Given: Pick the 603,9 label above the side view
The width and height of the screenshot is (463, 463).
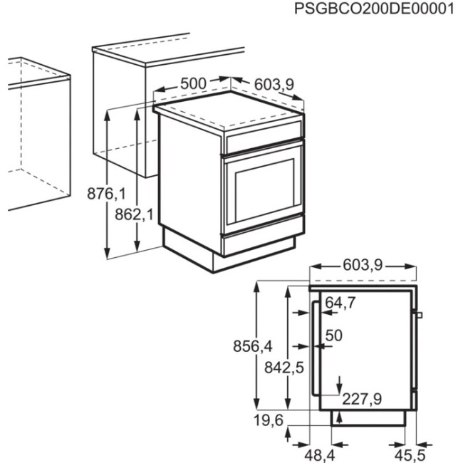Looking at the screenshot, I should point(363,266).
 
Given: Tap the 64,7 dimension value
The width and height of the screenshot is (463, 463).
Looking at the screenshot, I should point(340,303).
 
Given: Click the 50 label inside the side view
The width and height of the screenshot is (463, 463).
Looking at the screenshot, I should point(334,335).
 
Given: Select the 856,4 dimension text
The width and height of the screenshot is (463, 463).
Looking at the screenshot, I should point(253,346).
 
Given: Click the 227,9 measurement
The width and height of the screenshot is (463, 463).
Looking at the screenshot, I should point(361,398).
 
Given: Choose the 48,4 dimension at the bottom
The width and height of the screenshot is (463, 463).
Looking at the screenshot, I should point(311,452).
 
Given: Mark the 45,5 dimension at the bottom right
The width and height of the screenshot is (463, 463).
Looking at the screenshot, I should point(412,452).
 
